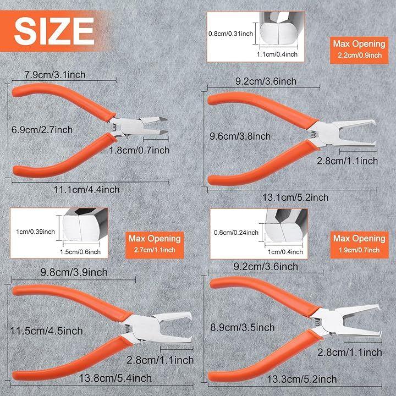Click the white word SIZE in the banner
[x=54, y=31]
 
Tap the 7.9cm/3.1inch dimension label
[x=55, y=75]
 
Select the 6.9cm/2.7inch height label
[x=42, y=130]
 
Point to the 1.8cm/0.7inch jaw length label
[x=139, y=150]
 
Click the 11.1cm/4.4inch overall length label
[x=86, y=190]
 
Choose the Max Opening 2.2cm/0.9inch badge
[x=359, y=50]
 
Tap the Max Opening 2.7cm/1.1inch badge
[x=155, y=245]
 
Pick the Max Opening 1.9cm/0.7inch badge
[x=359, y=245]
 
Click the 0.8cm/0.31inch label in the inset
[x=230, y=34]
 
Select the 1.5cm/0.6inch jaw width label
[x=80, y=252]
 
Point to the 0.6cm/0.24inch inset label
[x=236, y=233]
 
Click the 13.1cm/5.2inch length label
[x=295, y=197]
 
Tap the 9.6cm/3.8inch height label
[x=240, y=136]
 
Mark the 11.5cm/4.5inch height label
[x=46, y=331]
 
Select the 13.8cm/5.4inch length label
[x=116, y=378]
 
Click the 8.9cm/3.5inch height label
[x=243, y=328]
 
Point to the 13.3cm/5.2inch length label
[x=302, y=379]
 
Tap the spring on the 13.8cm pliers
[x=128, y=328]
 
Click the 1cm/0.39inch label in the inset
[x=35, y=232]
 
